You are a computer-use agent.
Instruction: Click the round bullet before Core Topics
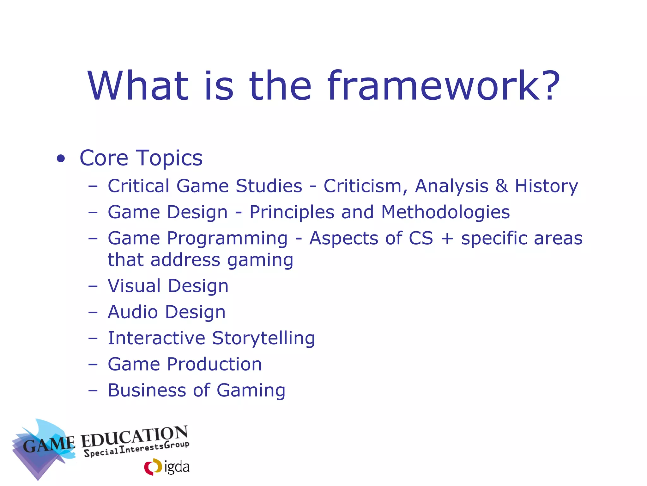click(61, 159)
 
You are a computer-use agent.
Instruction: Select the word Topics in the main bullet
click(169, 158)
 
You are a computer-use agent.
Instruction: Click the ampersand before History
click(502, 186)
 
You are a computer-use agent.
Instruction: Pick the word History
click(547, 187)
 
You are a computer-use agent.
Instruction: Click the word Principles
click(292, 213)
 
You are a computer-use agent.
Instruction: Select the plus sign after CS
click(447, 239)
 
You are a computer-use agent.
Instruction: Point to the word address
click(185, 260)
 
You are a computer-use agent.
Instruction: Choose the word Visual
click(134, 286)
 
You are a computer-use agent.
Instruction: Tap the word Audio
click(133, 312)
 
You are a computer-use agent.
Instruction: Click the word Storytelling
click(263, 339)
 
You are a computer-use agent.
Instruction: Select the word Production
click(215, 364)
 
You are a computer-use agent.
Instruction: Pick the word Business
click(147, 390)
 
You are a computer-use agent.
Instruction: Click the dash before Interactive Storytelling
click(93, 339)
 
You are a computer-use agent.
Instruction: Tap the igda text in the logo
click(177, 467)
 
